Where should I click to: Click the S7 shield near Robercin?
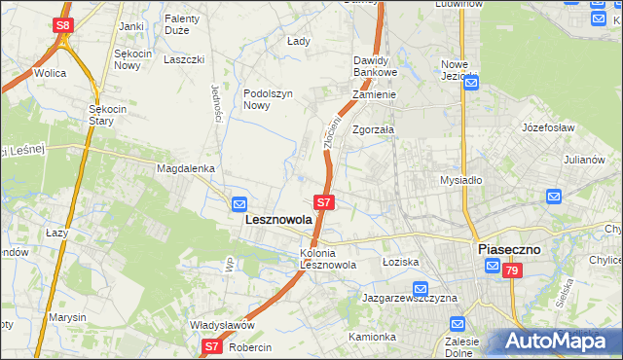pos(213,346)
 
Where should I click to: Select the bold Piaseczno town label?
pos(508,249)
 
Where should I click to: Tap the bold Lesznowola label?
pos(276,220)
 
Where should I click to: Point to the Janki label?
pos(131,26)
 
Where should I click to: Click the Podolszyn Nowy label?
pos(268,99)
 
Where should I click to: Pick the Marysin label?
pos(68,318)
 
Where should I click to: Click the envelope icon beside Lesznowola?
pos(239,203)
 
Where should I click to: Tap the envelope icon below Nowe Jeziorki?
pos(471,85)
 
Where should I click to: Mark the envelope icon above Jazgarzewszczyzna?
pos(421,289)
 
